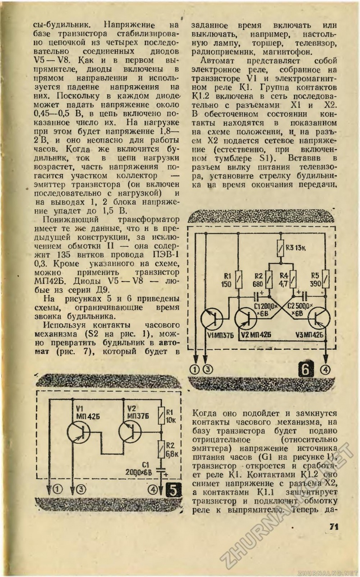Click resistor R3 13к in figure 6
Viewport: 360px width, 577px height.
pos(281,248)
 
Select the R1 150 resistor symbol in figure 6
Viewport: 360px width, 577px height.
pos(239,279)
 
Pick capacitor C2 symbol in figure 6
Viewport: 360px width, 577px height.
pos(304,297)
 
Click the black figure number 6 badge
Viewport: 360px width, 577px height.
pos(306,370)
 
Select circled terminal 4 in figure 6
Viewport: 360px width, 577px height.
pos(325,370)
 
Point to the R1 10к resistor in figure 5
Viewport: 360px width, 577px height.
pos(161,416)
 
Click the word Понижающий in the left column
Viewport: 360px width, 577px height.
pos(71,220)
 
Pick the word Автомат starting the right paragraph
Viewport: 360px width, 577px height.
pos(217,60)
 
